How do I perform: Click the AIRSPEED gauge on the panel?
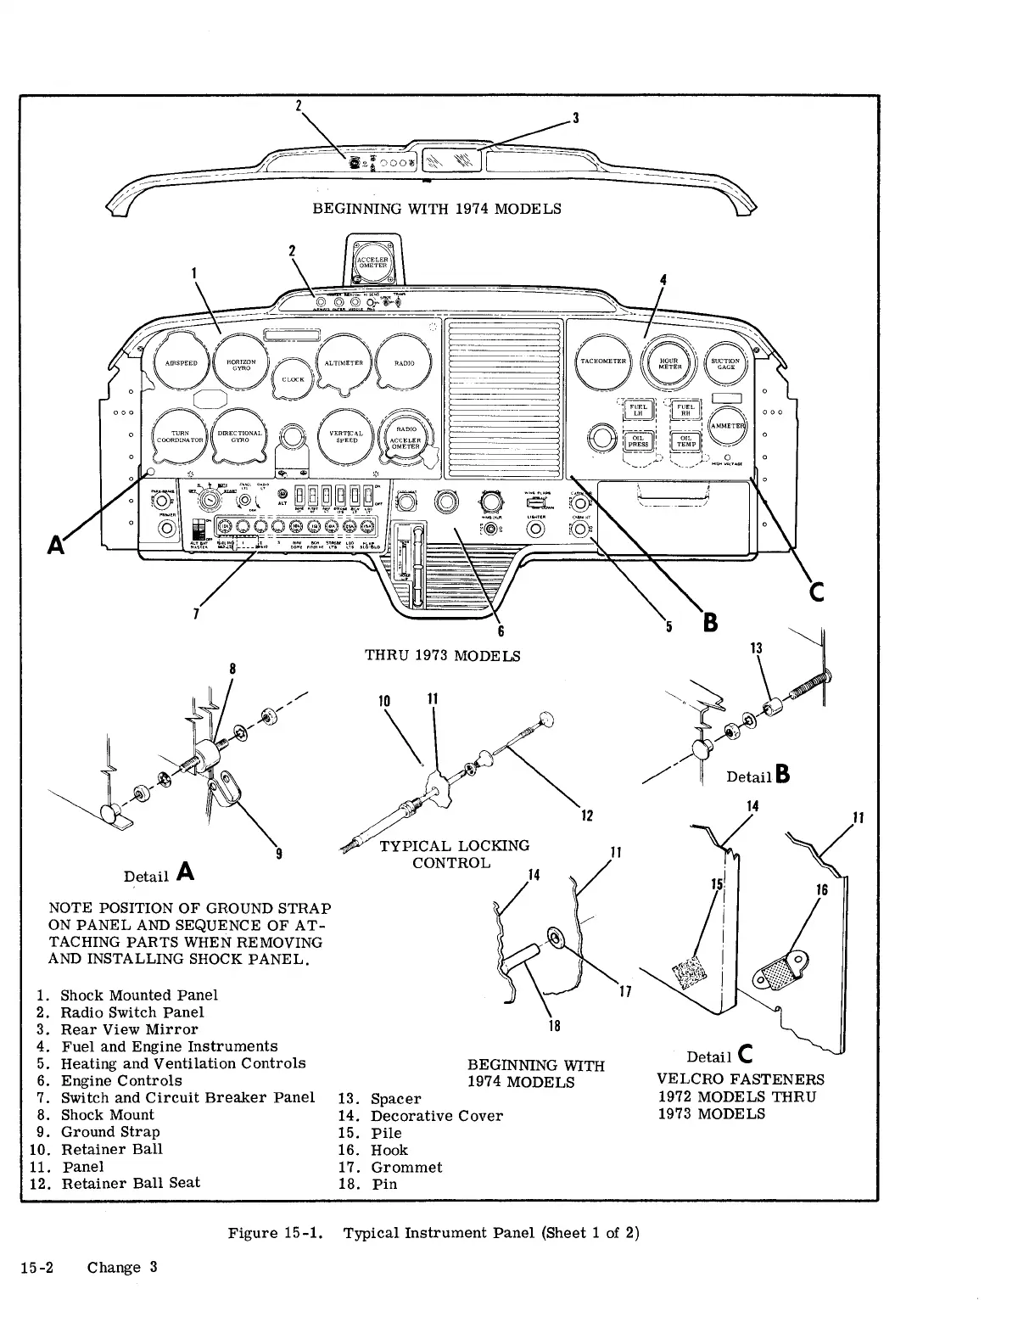pos(181,362)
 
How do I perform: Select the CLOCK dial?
pos(293,379)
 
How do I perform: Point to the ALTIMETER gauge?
pos(344,362)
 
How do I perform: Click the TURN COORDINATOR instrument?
pos(180,436)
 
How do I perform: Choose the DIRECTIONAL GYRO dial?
pos(238,436)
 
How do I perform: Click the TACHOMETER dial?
pos(603,361)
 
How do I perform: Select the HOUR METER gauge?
pos(668,362)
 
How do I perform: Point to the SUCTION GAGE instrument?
pos(725,362)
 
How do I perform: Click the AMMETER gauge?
pos(727,426)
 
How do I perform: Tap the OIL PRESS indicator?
pos(637,440)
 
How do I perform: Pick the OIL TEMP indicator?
pos(685,440)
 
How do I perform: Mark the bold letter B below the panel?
pos(710,624)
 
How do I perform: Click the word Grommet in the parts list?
pos(406,1167)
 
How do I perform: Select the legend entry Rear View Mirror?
pos(129,1029)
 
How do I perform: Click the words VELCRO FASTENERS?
pos(741,1079)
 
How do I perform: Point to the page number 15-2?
pos(38,1267)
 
